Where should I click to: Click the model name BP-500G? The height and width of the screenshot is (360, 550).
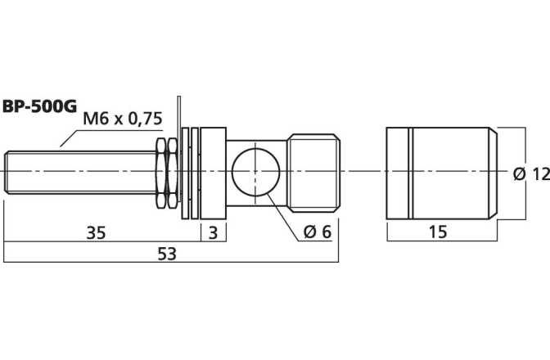coord(39,106)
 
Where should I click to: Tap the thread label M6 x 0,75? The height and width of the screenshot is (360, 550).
coord(123,119)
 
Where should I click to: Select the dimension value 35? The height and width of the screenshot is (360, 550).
coord(96,232)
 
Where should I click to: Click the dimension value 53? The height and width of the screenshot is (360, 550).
coord(167,254)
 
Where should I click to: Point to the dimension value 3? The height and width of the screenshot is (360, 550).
coord(214,232)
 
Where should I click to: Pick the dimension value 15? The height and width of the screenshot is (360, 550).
coord(438,232)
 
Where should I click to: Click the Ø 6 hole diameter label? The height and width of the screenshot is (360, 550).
coord(318,232)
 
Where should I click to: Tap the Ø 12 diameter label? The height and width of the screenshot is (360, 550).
coord(531,174)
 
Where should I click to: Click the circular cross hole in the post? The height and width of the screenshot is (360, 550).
coord(255,171)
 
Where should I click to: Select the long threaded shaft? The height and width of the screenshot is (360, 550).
coord(81,172)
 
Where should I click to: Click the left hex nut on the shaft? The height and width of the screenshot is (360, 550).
coord(161,173)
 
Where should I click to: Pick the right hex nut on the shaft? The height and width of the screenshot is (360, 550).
coord(172,173)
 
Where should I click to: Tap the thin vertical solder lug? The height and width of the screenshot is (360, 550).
coord(179,149)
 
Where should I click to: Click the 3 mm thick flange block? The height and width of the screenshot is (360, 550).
coord(214,173)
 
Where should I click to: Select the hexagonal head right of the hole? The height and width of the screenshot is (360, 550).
coord(313,173)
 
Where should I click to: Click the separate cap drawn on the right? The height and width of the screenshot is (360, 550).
coord(442,173)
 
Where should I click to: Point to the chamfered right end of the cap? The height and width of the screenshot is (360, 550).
coord(494,173)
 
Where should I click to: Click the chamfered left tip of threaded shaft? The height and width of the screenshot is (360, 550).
coord(6,172)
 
